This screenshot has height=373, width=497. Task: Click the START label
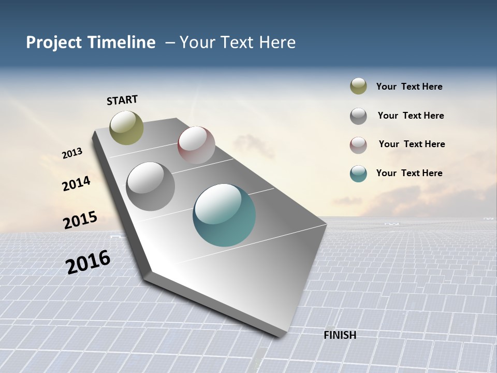(122, 99)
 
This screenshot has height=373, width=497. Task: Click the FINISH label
(340, 335)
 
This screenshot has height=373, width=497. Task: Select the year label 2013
(72, 153)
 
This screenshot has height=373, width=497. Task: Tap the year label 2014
(76, 183)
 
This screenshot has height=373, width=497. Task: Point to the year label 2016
(88, 262)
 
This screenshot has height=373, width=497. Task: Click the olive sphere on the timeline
(126, 127)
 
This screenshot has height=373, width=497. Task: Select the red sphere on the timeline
(196, 145)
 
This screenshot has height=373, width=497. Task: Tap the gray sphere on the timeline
(150, 187)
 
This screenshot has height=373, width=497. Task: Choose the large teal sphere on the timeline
(224, 215)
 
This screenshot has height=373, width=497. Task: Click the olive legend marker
(358, 86)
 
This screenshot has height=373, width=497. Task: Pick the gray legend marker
(358, 116)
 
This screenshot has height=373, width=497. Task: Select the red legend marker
(358, 145)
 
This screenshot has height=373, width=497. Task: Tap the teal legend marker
(358, 174)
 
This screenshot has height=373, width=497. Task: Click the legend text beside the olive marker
(409, 87)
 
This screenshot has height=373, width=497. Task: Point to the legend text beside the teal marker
(409, 173)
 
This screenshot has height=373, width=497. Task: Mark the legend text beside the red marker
(412, 144)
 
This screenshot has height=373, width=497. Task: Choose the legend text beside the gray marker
(411, 116)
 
